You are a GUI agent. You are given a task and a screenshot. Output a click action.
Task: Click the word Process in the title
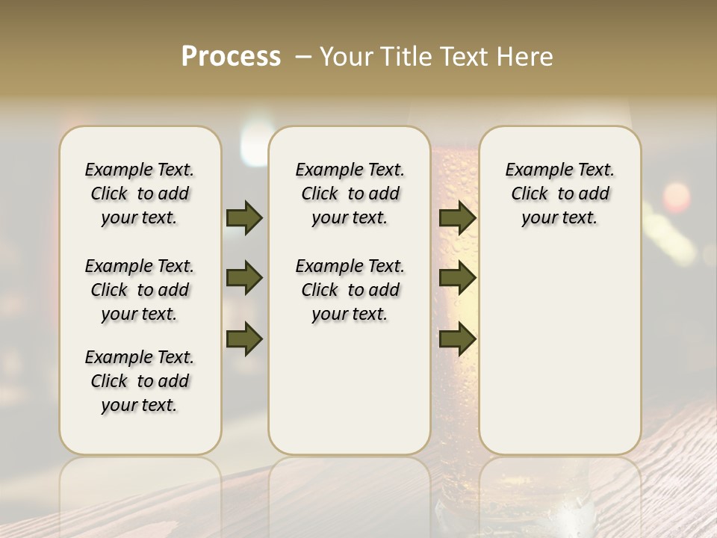(x=231, y=57)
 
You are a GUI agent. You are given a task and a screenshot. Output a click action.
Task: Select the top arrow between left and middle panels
(x=244, y=217)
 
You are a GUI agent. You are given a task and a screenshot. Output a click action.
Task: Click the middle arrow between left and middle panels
(x=244, y=278)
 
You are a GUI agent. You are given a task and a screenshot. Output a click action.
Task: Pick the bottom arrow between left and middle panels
(x=244, y=339)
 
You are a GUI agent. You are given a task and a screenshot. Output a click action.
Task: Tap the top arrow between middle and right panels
(x=457, y=217)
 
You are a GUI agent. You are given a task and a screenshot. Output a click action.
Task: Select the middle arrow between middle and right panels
(x=457, y=278)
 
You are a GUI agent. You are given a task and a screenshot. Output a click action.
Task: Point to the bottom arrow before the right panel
(x=457, y=339)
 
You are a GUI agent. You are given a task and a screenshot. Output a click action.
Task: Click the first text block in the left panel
(x=140, y=194)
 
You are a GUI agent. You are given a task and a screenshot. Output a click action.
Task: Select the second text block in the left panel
(x=140, y=290)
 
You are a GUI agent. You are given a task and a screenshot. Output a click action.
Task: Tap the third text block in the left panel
(x=140, y=381)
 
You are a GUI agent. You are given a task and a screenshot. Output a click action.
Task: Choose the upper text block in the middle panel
(x=350, y=194)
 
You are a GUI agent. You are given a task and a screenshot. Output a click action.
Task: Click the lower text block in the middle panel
(x=350, y=290)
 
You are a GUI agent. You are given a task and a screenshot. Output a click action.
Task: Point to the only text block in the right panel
(x=559, y=194)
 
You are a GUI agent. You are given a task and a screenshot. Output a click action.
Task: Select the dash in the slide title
(x=303, y=57)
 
